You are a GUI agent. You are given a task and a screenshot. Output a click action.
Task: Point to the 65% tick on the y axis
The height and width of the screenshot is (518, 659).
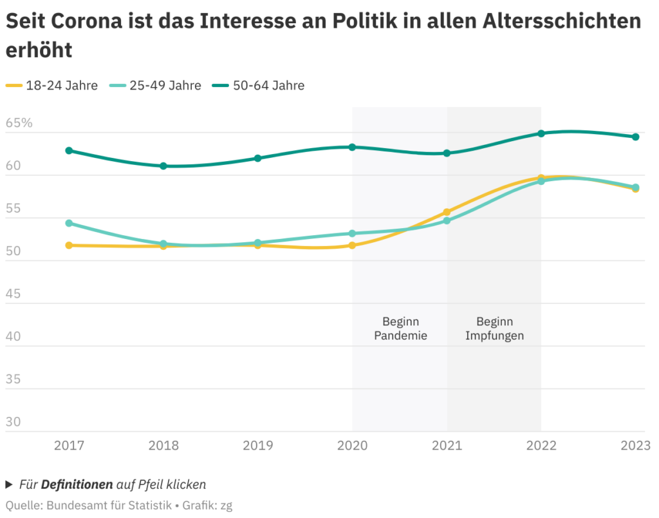point(19,122)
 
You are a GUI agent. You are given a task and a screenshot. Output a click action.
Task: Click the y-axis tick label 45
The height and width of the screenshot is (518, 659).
point(14,294)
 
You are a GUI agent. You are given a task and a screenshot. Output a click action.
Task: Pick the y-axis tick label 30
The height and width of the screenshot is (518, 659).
point(14,422)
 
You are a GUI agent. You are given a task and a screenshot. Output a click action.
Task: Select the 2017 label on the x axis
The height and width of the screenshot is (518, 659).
point(69,445)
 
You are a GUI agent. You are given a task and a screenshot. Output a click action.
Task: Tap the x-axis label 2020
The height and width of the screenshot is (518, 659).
point(352,445)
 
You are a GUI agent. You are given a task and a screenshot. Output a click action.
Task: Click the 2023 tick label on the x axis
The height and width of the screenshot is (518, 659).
point(635,445)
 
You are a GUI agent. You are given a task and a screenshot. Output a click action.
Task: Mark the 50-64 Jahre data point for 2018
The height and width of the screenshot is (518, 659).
point(163,166)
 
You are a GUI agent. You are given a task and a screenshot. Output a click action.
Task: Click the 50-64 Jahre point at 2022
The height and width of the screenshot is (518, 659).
point(541,133)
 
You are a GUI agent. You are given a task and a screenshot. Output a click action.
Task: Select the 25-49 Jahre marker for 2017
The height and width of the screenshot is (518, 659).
point(69,223)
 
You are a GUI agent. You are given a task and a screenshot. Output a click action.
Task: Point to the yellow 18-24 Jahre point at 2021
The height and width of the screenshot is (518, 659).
point(447,212)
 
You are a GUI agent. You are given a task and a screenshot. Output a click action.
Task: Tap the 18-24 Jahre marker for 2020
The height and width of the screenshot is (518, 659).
point(352,245)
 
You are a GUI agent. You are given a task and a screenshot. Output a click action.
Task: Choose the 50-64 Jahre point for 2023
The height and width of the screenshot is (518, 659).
point(635,137)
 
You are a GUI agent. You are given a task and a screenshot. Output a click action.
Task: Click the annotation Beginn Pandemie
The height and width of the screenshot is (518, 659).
point(400,329)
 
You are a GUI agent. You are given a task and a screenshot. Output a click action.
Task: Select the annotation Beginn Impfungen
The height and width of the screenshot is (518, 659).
point(494,329)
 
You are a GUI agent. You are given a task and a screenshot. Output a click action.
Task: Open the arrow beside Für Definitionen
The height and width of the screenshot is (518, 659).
point(9,484)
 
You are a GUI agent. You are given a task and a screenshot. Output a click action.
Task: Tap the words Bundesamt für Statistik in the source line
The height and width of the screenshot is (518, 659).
point(107,506)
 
